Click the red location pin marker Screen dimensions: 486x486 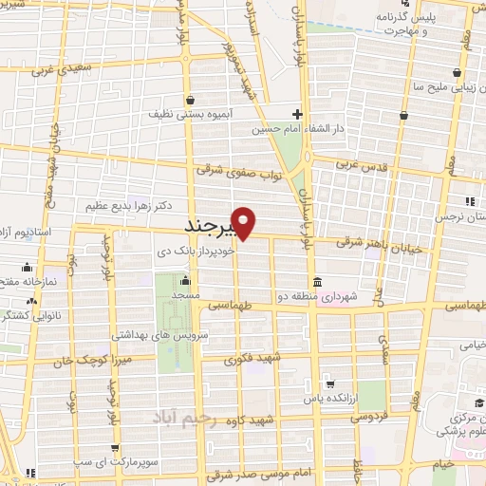click(x=245, y=222)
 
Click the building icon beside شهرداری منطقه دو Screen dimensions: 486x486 click(x=315, y=284)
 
